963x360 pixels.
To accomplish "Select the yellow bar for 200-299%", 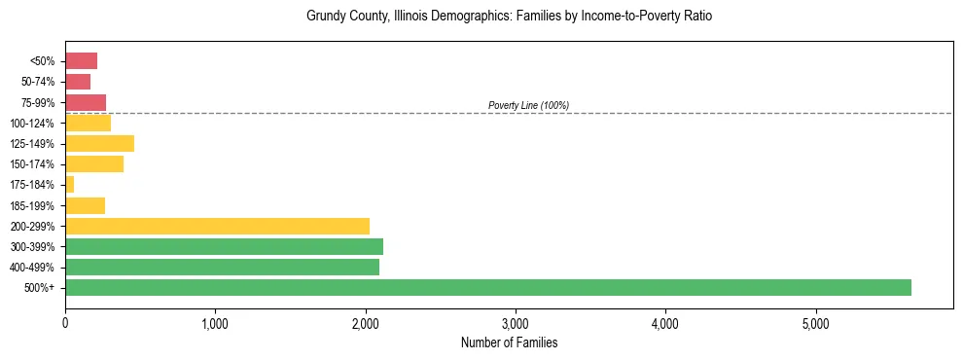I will pos(217,226).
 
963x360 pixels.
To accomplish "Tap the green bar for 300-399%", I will pos(224,246).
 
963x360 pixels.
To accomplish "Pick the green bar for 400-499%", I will pos(222,267).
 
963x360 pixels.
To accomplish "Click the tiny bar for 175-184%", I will pos(69,184).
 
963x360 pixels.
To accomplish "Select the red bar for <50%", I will pos(81,61).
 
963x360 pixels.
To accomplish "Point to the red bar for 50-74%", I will pos(78,82).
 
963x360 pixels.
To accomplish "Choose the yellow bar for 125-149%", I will pos(99,143).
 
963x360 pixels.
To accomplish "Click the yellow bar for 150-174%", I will pos(94,163).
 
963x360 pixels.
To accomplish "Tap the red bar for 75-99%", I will pos(86,102).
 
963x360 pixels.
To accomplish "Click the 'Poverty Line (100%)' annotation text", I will pos(528,105).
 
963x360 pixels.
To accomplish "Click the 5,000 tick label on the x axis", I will pos(815,323).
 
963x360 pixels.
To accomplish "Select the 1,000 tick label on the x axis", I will pos(215,323).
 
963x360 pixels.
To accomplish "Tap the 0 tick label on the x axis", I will pos(65,323).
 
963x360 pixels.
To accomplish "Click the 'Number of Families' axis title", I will pos(509,342).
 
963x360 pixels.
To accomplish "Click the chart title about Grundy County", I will pos(509,17).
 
